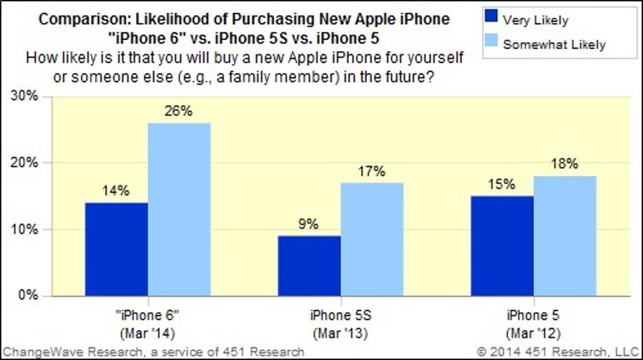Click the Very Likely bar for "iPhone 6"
click(116, 249)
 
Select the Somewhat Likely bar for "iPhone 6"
click(179, 209)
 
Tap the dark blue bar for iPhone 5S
click(309, 266)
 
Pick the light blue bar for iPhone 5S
click(372, 239)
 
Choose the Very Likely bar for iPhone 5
click(502, 246)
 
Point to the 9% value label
click(309, 224)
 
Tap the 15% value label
click(502, 185)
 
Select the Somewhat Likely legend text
click(554, 44)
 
